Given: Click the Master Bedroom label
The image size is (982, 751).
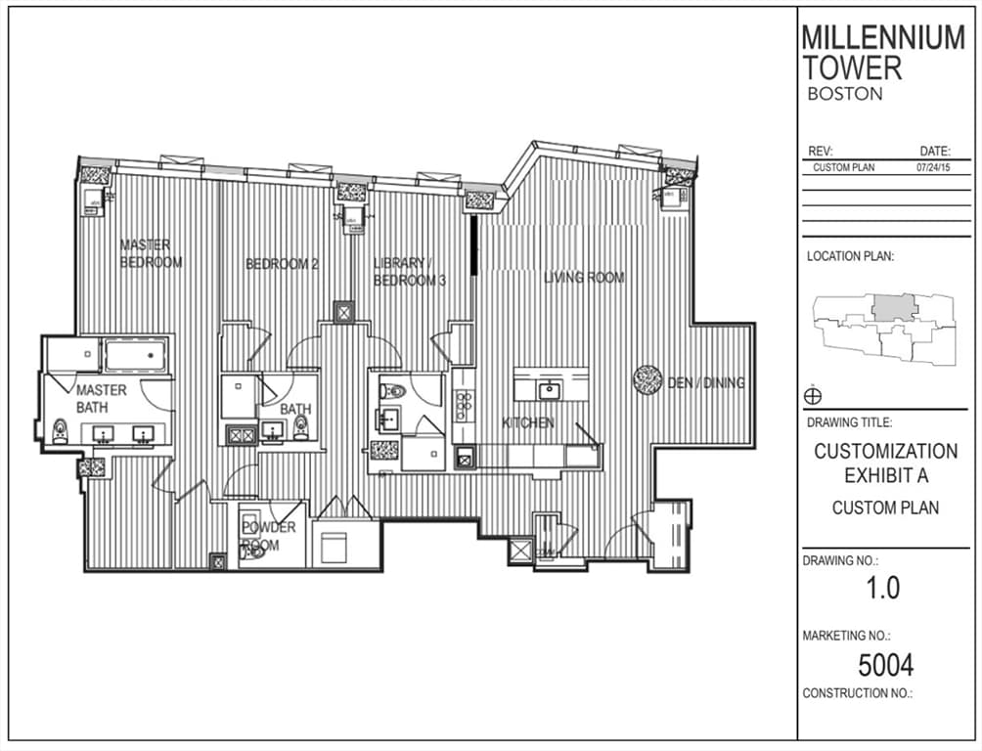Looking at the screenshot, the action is tap(151, 253).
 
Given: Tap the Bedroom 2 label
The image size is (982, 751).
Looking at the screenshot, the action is tap(282, 264).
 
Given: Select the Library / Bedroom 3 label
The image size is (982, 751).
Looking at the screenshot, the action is tap(410, 271).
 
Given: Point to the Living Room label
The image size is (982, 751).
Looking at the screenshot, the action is tap(584, 277).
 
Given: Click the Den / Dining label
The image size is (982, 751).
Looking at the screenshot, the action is tap(706, 382).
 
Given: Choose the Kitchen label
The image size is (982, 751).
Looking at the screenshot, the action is tap(528, 422).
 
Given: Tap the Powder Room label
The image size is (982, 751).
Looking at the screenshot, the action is tap(269, 536).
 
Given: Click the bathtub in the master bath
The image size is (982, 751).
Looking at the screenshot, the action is tap(136, 355).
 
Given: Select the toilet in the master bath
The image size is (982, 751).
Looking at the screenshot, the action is tap(60, 431).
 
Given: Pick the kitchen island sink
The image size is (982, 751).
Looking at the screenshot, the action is tap(550, 390).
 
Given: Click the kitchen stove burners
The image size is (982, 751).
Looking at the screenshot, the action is tap(465, 405).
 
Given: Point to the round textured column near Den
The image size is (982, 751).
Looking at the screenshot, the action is tap(647, 380).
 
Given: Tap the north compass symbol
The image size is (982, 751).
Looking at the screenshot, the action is tap(812, 396).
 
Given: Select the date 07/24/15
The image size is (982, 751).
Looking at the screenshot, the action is tap(933, 168).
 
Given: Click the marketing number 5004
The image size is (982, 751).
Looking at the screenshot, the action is tap(885, 665).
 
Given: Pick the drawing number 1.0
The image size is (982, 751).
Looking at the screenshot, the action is tap(883, 588).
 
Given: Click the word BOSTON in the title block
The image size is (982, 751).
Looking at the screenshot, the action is tap(845, 94).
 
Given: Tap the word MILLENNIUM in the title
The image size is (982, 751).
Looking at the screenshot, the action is tap(883, 37).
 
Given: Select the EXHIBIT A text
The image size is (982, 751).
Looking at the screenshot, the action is tap(886, 476).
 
